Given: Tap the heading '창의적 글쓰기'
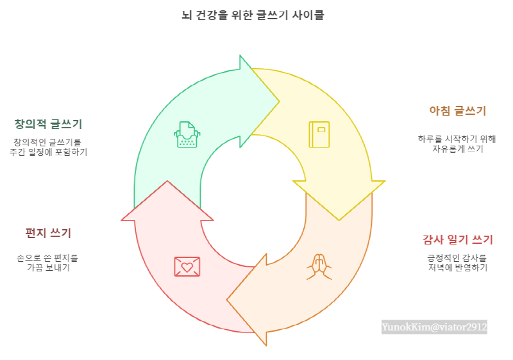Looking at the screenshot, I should (x=48, y=124).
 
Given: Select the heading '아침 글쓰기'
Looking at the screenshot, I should (x=457, y=110).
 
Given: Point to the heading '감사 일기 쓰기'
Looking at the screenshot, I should (x=457, y=240).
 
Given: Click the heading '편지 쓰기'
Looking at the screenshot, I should (x=48, y=232).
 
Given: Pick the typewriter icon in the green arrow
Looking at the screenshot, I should (x=187, y=135).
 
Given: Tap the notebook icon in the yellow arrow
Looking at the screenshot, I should (x=319, y=134).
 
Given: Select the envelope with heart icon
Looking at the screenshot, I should (x=187, y=266).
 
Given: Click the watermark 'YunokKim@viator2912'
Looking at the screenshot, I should (x=435, y=327).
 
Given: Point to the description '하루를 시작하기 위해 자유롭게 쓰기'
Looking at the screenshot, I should (x=457, y=144).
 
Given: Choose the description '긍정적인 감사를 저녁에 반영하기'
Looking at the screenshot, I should (x=457, y=262).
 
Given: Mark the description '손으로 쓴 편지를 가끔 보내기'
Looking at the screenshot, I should (x=48, y=262).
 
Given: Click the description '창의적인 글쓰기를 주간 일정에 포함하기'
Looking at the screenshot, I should (x=48, y=147).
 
